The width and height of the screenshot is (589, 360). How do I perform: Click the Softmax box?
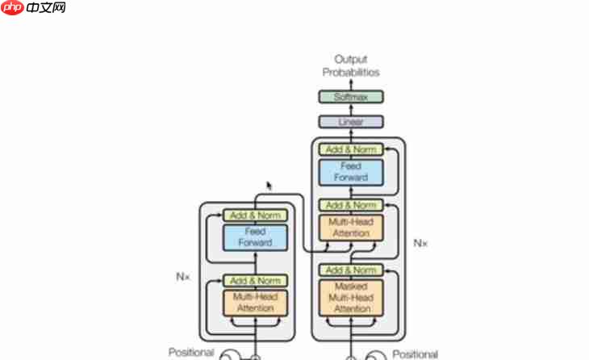[x=351, y=97]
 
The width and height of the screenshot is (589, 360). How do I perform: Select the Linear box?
[x=351, y=122]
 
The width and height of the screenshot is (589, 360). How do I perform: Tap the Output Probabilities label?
[x=351, y=66]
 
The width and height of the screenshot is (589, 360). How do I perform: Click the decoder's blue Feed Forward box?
[x=351, y=172]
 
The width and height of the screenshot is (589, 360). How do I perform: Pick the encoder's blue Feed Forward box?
[x=255, y=237]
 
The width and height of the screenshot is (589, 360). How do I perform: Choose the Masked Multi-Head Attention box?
[x=351, y=298]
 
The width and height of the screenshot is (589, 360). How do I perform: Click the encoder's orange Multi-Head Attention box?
[x=255, y=303]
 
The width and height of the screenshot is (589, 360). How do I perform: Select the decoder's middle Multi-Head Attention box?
[x=351, y=228]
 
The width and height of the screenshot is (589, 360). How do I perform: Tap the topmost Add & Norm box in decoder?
[x=351, y=149]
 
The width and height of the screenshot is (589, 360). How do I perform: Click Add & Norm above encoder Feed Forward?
[x=255, y=216]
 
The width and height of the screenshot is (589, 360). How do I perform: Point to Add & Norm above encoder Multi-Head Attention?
[x=255, y=281]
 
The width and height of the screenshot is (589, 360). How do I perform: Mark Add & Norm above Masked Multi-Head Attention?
[x=351, y=270]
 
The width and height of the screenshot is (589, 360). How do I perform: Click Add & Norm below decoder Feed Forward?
[x=351, y=205]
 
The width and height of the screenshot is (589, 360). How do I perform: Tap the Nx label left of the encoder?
[x=182, y=276]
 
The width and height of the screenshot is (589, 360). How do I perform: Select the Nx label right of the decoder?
[x=420, y=242]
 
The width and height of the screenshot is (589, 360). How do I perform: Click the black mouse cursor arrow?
[x=269, y=186]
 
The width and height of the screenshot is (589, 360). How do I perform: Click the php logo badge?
[x=13, y=8]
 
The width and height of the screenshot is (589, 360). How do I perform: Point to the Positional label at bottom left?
[x=191, y=353]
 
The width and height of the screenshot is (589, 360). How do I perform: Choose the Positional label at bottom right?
[x=416, y=354]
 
